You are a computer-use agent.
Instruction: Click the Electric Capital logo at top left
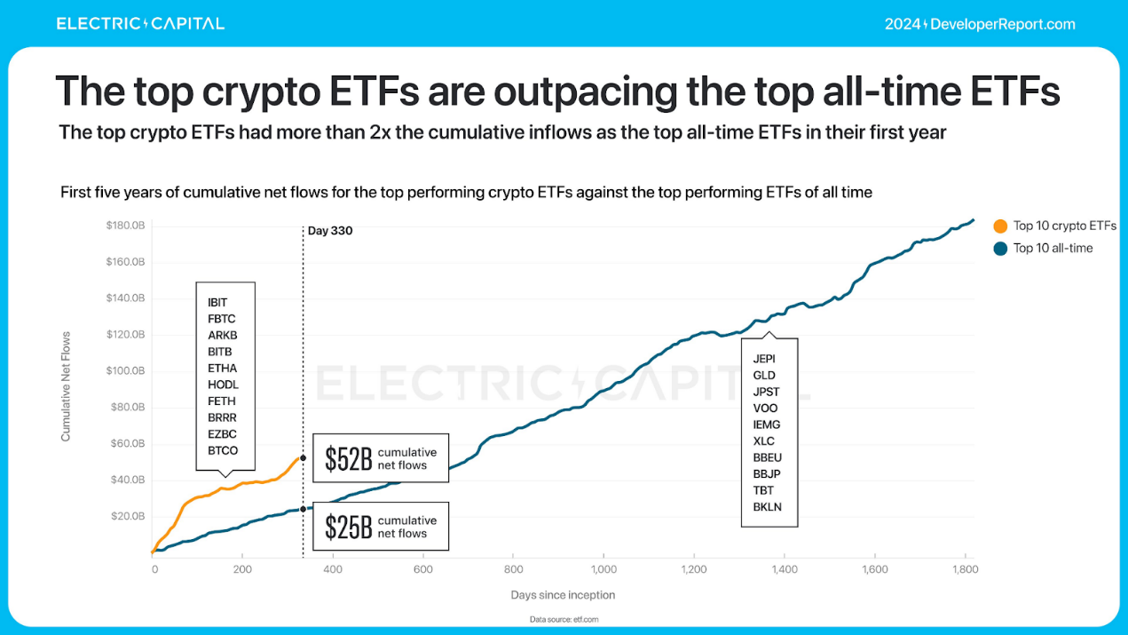pos(140,24)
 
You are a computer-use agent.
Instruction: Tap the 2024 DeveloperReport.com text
pos(980,24)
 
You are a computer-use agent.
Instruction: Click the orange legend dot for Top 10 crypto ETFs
pos(1000,226)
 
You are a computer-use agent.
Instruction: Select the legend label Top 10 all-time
pos(1053,248)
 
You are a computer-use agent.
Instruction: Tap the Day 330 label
pos(330,231)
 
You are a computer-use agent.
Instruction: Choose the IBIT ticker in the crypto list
pos(217,303)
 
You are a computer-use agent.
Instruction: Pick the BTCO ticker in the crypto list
pos(223,450)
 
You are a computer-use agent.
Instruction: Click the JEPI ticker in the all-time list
pos(763,359)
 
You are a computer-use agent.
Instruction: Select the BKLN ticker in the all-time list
pos(767,507)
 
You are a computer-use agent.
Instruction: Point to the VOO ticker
pos(765,409)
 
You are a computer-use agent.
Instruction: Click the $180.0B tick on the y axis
pos(125,226)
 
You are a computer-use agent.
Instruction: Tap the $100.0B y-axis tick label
pos(125,370)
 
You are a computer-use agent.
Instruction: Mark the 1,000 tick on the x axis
pos(603,568)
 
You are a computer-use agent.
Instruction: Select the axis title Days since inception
pos(563,595)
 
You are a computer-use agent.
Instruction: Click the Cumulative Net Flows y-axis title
pos(66,386)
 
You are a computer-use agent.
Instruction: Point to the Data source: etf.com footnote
pos(563,619)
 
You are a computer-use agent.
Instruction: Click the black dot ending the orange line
pos(303,458)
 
